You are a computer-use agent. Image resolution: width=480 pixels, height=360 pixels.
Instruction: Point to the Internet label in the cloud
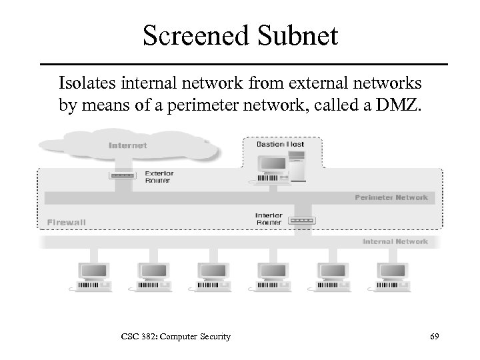click(127, 145)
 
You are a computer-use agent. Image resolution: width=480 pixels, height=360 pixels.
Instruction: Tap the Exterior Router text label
click(157, 177)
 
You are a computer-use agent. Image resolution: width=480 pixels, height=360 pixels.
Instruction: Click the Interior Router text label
click(269, 219)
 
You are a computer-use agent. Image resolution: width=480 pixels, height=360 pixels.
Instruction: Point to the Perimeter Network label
click(391, 198)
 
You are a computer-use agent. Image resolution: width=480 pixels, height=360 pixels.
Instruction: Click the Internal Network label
click(395, 241)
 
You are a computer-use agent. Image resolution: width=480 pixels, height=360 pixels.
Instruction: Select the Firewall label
click(67, 222)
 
